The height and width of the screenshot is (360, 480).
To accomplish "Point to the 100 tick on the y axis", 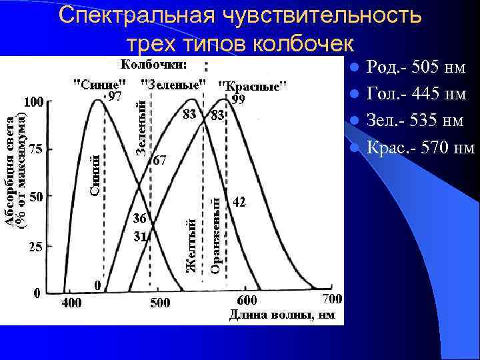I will [34, 103].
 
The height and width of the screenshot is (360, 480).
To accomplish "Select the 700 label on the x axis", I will [332, 297].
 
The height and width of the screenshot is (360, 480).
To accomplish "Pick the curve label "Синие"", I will [99, 85].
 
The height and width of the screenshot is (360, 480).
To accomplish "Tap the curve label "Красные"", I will [253, 86].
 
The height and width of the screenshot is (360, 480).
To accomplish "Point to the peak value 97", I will [115, 97].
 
